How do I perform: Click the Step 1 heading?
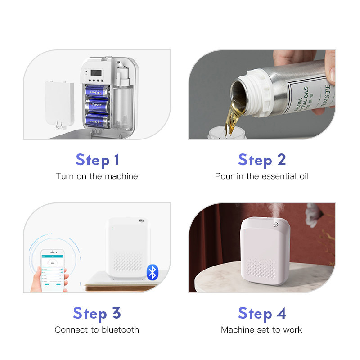(97, 160)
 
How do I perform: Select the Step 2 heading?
(262, 160)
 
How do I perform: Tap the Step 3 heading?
(97, 313)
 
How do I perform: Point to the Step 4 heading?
(262, 313)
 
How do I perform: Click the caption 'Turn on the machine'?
(97, 176)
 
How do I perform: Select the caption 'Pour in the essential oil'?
(262, 176)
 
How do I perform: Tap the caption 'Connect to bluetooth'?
(97, 330)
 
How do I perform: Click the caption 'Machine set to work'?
(261, 330)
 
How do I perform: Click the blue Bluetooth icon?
(153, 272)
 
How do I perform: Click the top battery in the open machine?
(97, 90)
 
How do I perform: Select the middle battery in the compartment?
(97, 105)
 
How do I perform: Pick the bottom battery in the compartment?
(97, 120)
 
